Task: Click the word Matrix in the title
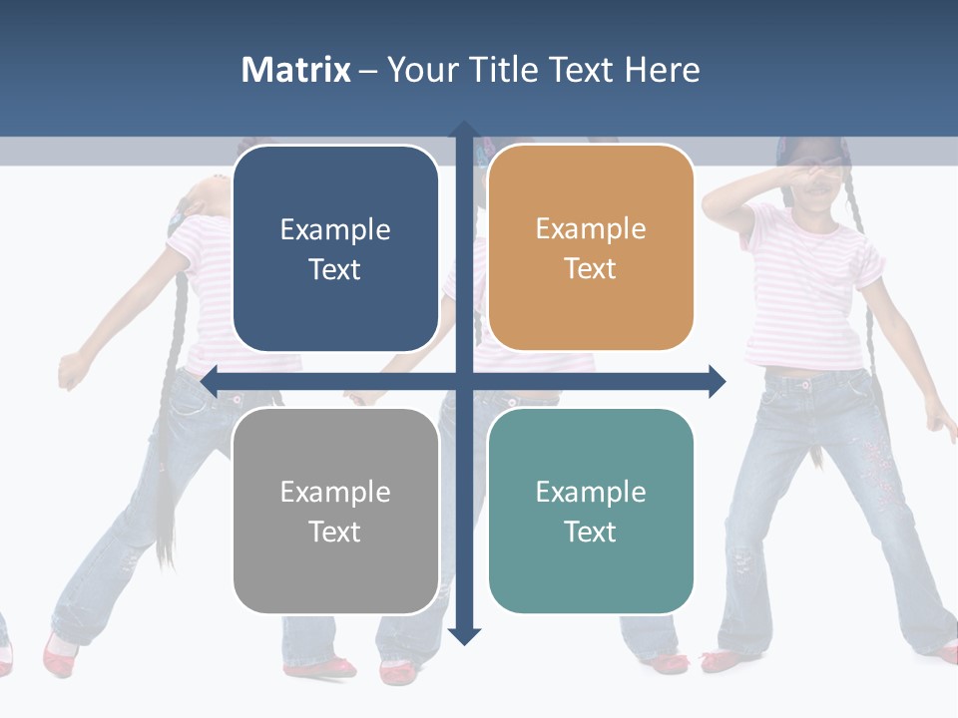click(x=296, y=70)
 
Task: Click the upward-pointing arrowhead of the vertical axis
click(x=464, y=130)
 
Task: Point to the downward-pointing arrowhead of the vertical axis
click(x=464, y=636)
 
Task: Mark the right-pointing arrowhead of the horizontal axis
click(x=718, y=381)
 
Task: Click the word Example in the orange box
click(x=591, y=228)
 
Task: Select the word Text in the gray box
click(x=335, y=532)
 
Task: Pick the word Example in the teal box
click(x=591, y=492)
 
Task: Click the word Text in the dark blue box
click(x=335, y=269)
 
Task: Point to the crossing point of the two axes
click(x=464, y=381)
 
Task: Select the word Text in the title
click(x=584, y=70)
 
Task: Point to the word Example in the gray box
click(x=335, y=492)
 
